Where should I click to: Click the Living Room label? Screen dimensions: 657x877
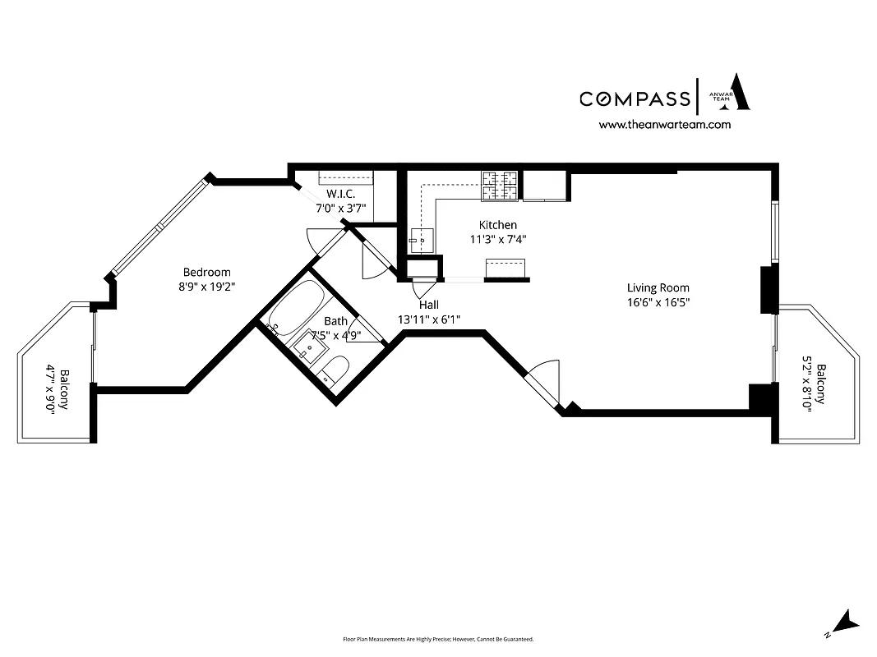pyautogui.click(x=658, y=287)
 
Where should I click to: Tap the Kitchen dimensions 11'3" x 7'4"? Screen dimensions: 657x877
pyautogui.click(x=497, y=240)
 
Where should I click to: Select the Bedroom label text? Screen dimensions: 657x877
pyautogui.click(x=206, y=272)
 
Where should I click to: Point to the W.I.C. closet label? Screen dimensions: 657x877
pyautogui.click(x=340, y=194)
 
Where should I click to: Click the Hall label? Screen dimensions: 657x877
pyautogui.click(x=429, y=304)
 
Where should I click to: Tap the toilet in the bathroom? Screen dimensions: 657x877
pyautogui.click(x=331, y=371)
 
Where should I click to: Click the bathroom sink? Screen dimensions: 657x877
pyautogui.click(x=311, y=346)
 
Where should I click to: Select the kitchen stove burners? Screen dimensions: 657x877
pyautogui.click(x=500, y=186)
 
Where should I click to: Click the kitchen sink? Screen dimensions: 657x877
pyautogui.click(x=422, y=239)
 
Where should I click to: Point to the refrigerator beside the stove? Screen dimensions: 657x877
pyautogui.click(x=544, y=186)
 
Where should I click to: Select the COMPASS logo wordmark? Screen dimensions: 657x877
pyautogui.click(x=635, y=99)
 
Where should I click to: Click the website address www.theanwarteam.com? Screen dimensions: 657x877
pyautogui.click(x=664, y=125)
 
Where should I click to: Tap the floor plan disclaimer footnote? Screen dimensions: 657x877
pyautogui.click(x=438, y=639)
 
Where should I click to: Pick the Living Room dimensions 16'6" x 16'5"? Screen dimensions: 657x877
pyautogui.click(x=658, y=302)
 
